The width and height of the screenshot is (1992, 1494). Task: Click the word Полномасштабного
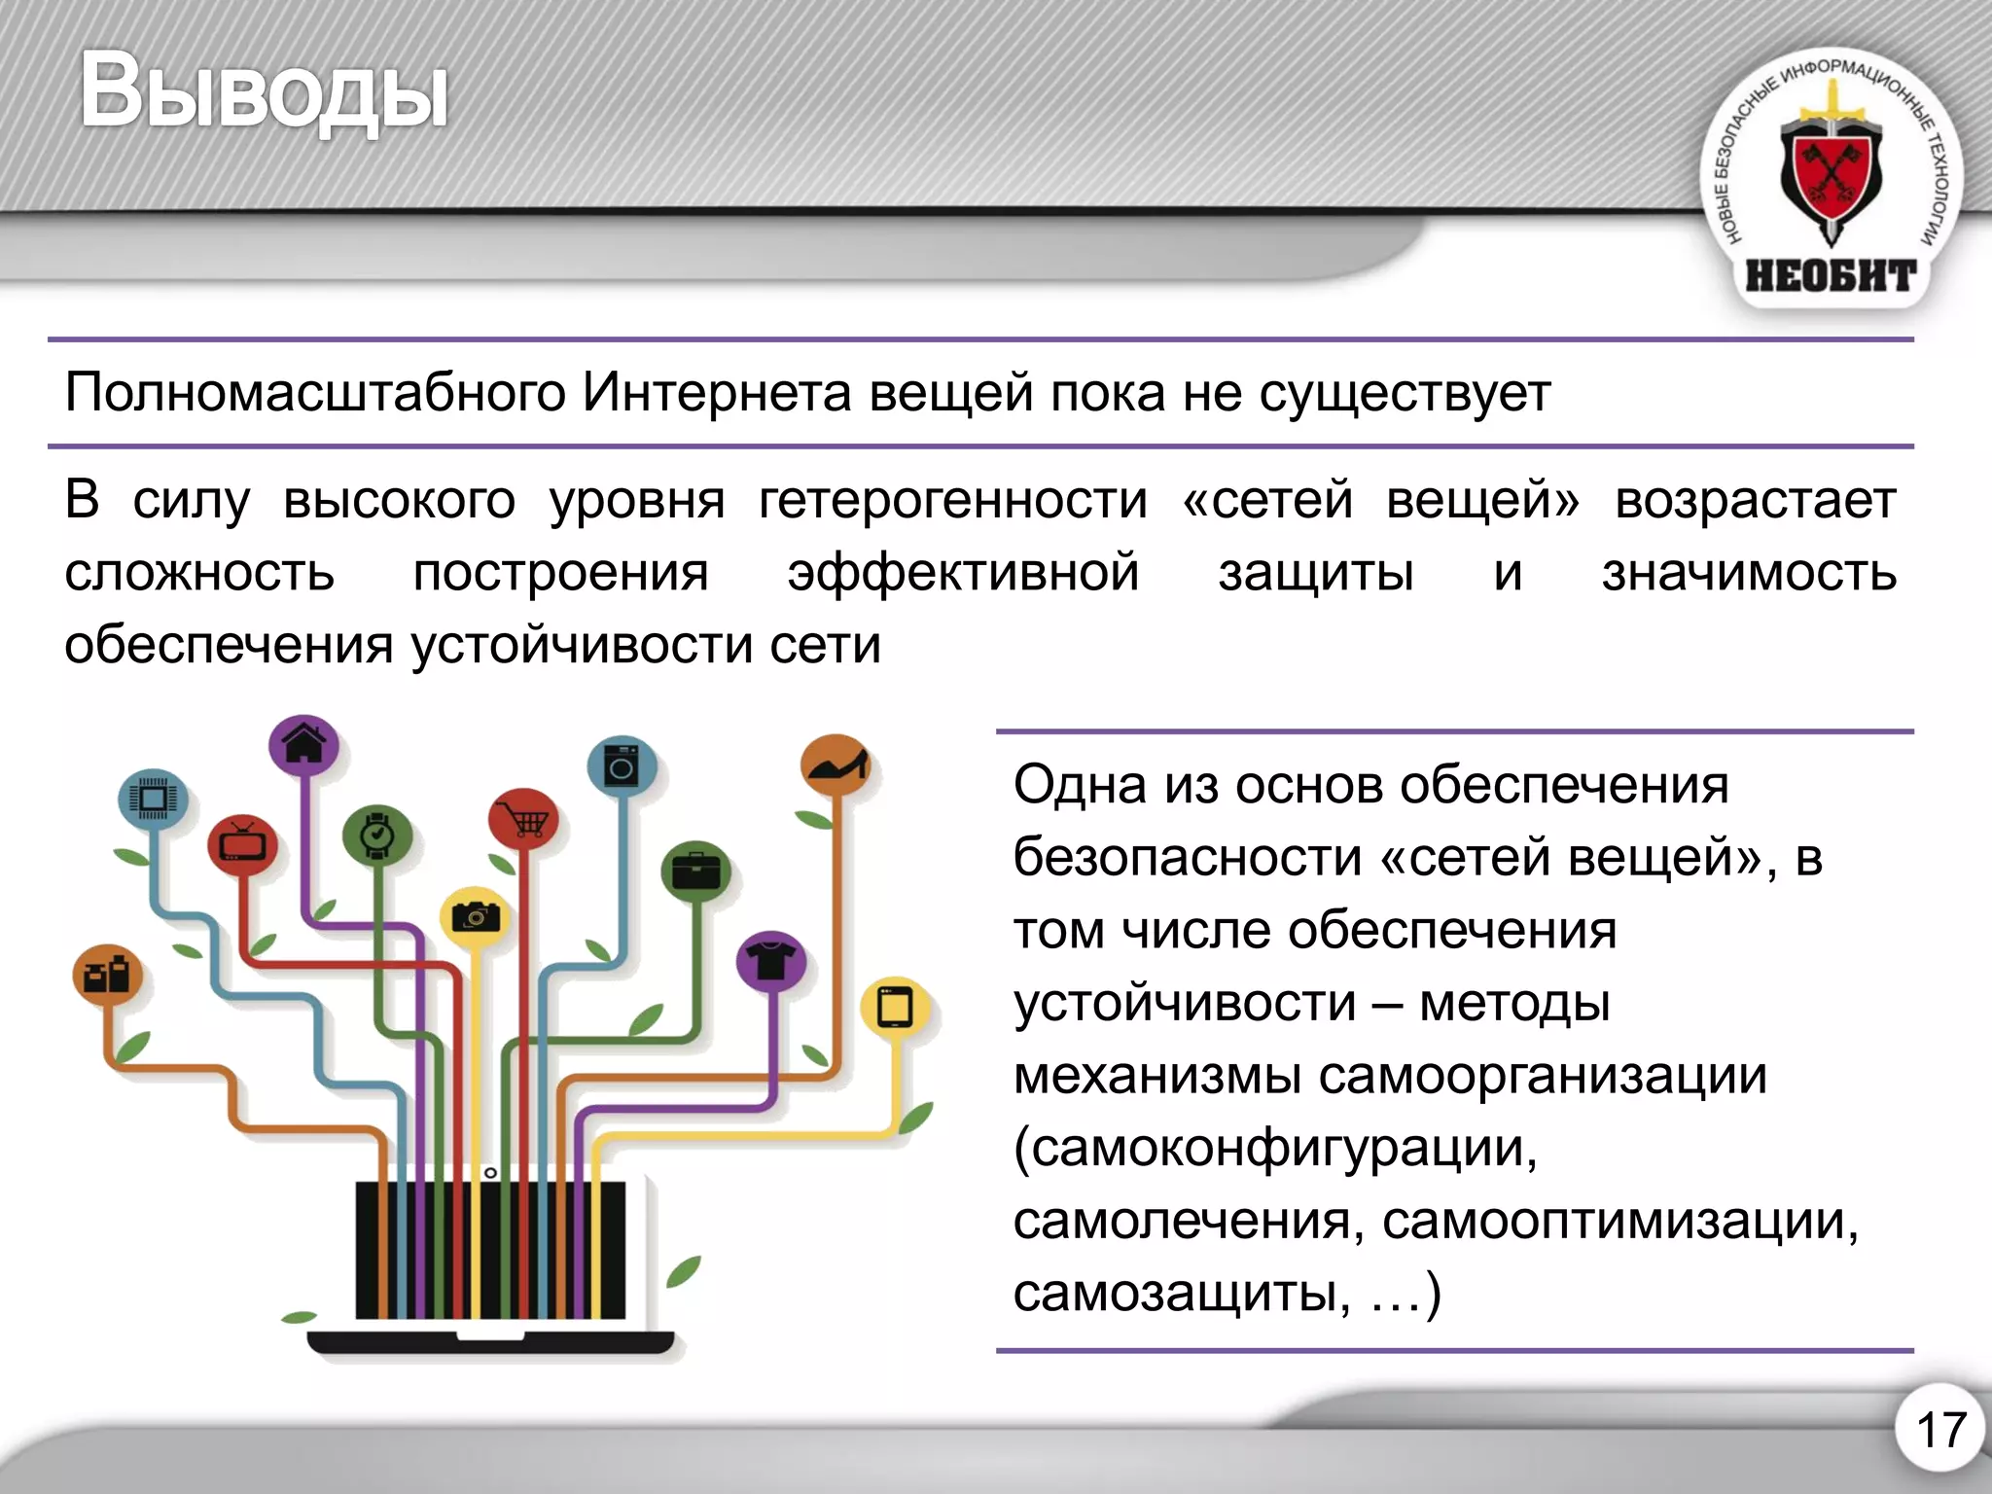(x=315, y=394)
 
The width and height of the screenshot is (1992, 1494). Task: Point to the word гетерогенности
(x=953, y=501)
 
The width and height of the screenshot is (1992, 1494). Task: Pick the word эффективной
(x=963, y=572)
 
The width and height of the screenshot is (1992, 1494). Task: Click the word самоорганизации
(x=1542, y=1076)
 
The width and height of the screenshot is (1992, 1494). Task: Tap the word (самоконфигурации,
(x=1275, y=1149)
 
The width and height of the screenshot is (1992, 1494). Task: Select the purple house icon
(x=304, y=745)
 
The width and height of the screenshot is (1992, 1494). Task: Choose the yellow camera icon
(x=476, y=916)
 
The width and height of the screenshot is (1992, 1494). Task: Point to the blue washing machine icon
(x=622, y=765)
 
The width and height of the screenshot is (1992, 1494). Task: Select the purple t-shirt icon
(x=771, y=961)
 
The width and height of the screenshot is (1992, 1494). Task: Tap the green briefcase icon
(x=695, y=871)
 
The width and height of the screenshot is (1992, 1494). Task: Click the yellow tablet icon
(x=895, y=1007)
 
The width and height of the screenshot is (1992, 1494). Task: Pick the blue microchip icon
(x=153, y=800)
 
